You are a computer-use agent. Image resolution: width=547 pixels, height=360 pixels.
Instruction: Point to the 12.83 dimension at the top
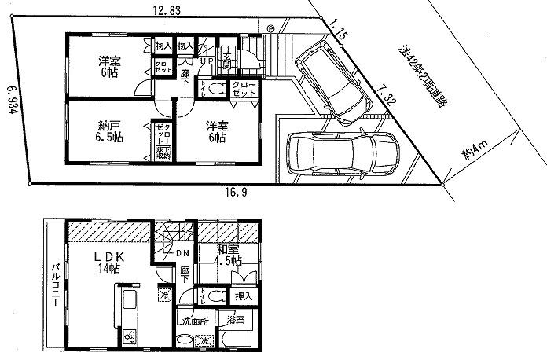[x=166, y=9]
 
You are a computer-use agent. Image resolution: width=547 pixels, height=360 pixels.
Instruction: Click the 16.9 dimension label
[x=229, y=191]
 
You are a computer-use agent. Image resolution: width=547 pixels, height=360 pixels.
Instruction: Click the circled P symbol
[x=270, y=29]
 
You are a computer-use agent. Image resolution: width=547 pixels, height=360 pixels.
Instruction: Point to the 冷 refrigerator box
[x=163, y=294]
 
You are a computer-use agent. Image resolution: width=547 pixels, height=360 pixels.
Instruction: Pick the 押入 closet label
[x=244, y=296]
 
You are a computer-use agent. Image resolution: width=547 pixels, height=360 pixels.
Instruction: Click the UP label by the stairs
[x=208, y=61]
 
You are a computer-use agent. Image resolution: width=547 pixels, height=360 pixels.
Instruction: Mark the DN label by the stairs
[x=182, y=253]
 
